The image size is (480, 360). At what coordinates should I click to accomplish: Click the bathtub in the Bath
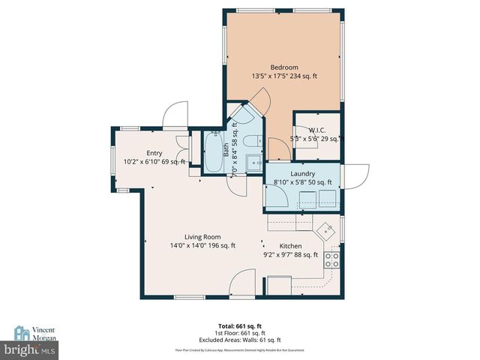click(x=214, y=154)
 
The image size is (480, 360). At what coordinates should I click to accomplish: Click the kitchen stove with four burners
click(x=332, y=259)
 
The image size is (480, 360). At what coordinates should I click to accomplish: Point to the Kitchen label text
click(x=291, y=245)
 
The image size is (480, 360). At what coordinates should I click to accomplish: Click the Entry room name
click(x=154, y=152)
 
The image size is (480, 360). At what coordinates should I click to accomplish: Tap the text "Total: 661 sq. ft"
click(x=239, y=325)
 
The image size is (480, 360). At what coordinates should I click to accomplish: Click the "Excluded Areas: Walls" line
click(x=239, y=340)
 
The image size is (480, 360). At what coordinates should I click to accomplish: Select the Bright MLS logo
click(x=30, y=349)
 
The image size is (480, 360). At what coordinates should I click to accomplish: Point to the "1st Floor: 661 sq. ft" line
click(x=239, y=333)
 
